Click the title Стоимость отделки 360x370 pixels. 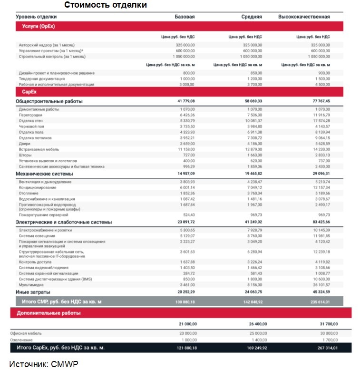coord(106,5)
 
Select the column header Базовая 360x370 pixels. coord(185,17)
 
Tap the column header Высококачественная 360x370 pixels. coord(303,17)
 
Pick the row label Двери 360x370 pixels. coord(25,144)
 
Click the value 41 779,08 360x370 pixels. coord(186,101)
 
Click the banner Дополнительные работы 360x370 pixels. coord(49,313)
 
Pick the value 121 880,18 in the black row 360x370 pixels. coord(185,348)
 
